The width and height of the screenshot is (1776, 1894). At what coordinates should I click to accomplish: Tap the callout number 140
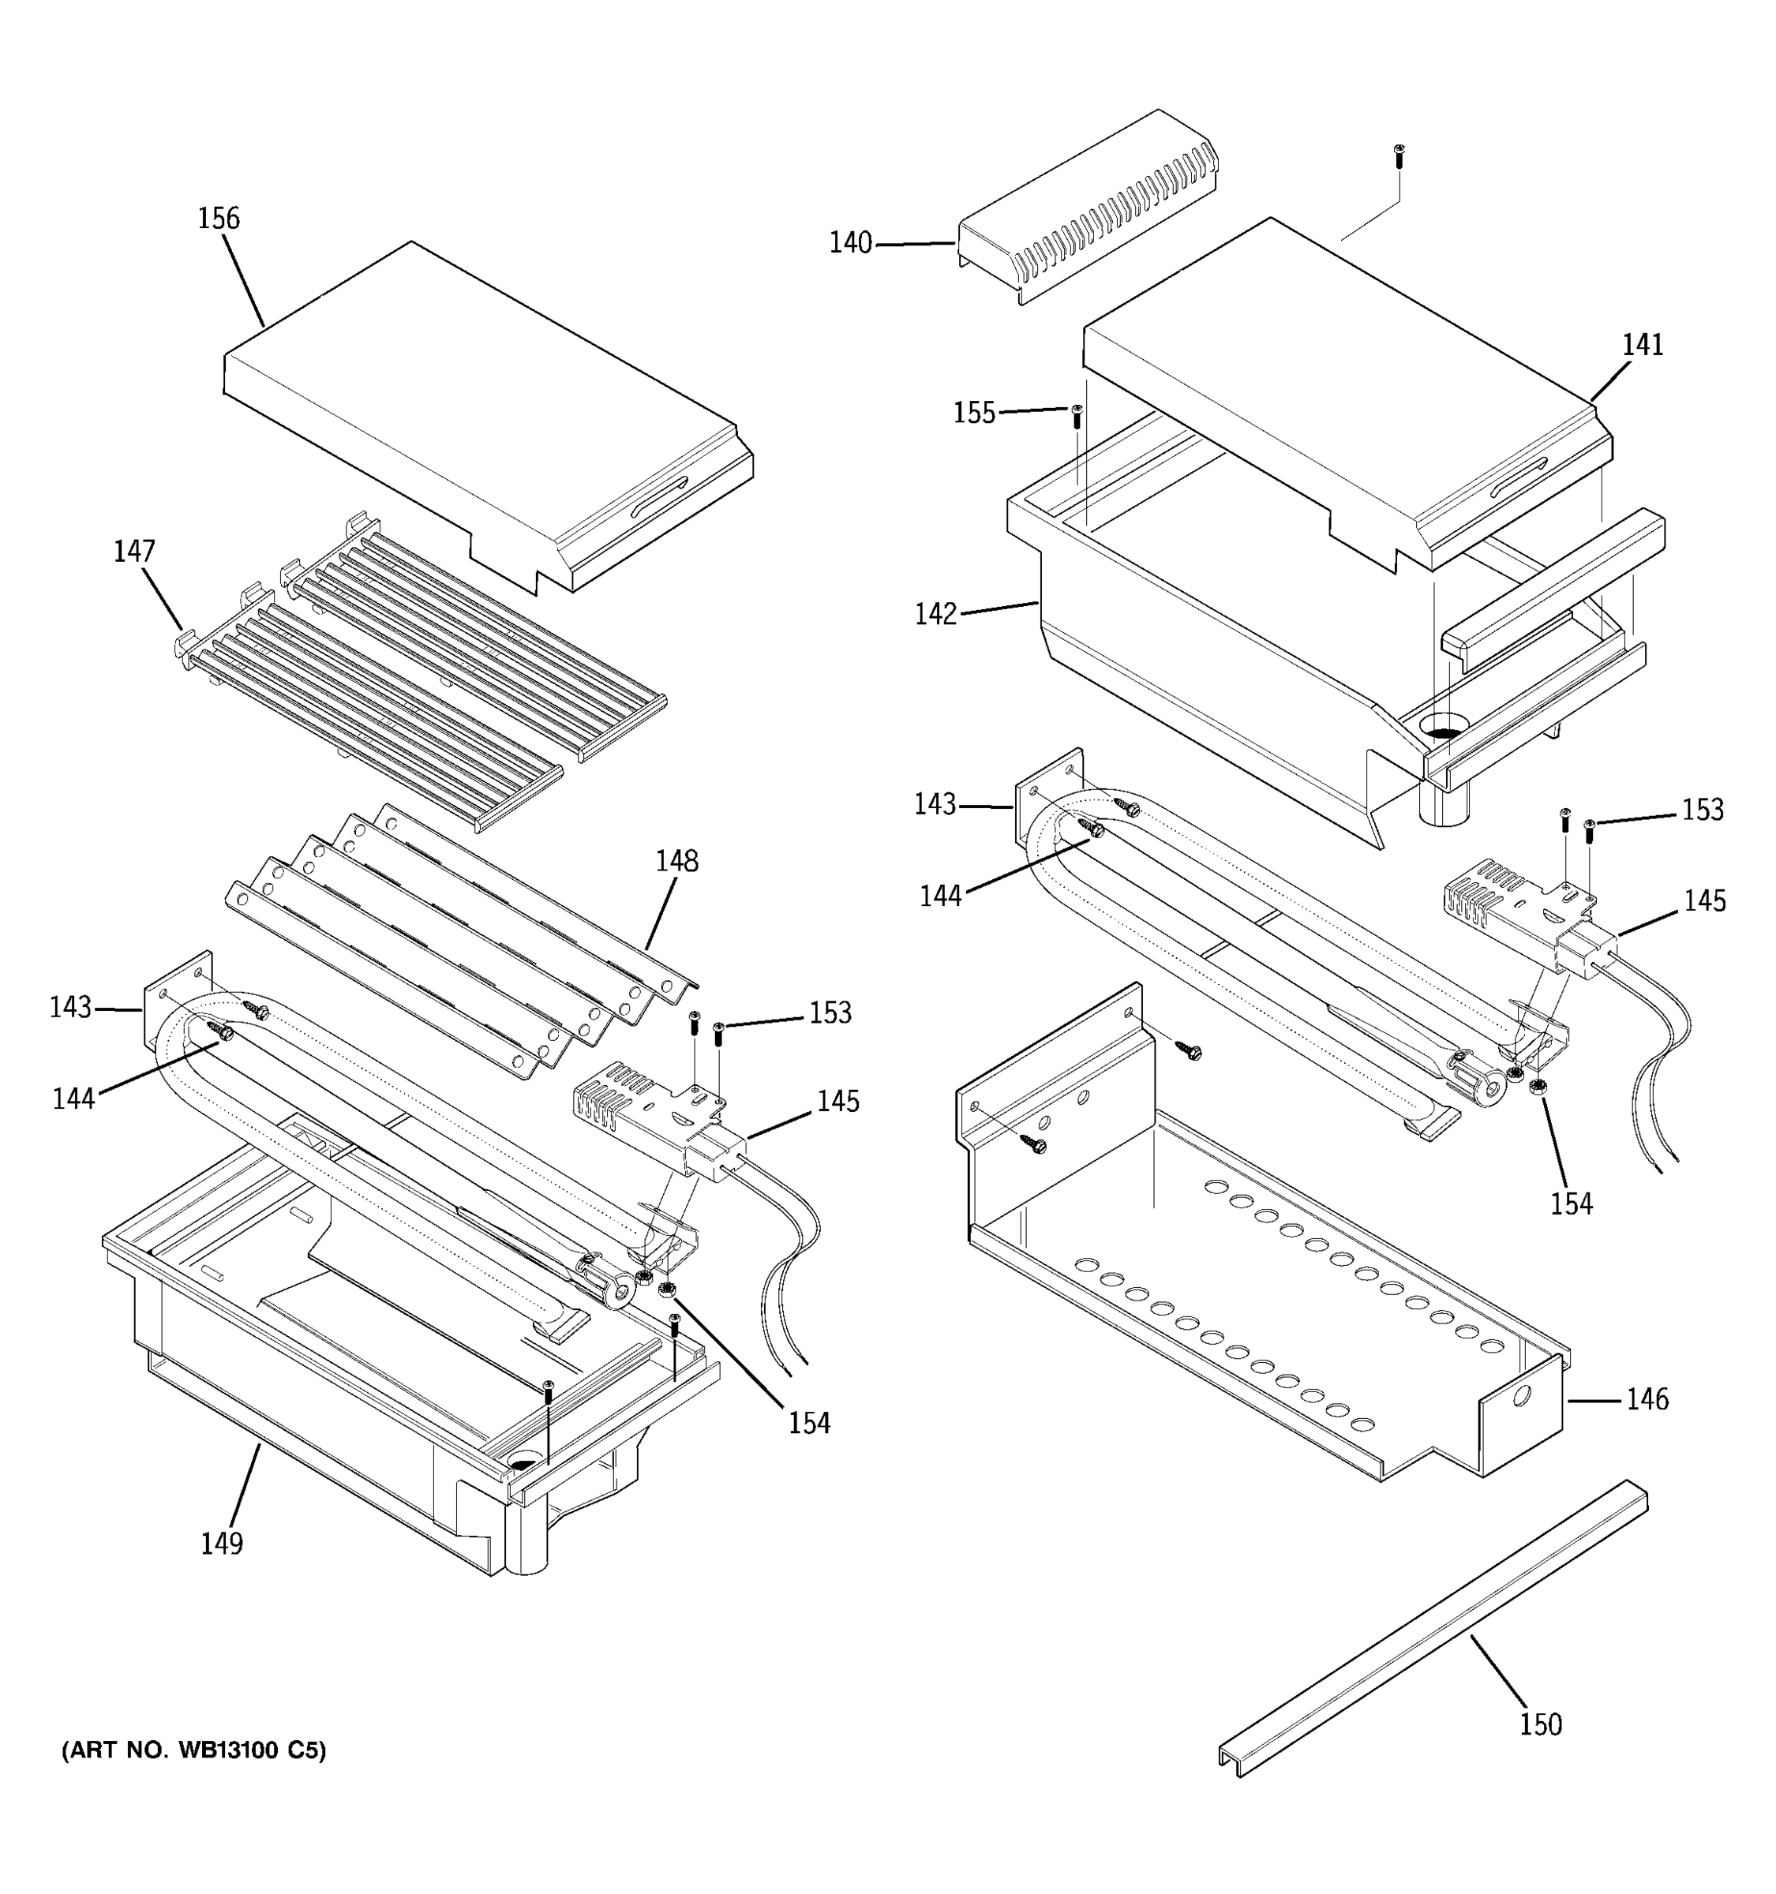[850, 243]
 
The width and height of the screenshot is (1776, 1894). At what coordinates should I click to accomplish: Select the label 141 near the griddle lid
[1643, 344]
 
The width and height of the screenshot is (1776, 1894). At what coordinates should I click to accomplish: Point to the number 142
[935, 613]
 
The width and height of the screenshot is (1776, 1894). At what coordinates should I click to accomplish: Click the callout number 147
[134, 551]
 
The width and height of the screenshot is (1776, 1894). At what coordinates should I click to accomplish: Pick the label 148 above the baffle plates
[676, 860]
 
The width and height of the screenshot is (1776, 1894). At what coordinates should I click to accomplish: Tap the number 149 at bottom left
[221, 1543]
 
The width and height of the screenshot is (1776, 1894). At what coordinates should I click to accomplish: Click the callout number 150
[1541, 1724]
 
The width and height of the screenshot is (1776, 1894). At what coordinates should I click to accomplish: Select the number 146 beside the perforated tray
[1647, 1398]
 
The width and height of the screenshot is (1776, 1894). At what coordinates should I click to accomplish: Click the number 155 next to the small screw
[974, 413]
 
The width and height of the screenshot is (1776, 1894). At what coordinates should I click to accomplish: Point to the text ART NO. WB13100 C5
[193, 1750]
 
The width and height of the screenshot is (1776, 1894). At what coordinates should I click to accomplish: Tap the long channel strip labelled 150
[1429, 1629]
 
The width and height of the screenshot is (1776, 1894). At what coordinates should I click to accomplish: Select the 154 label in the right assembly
[1571, 1203]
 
